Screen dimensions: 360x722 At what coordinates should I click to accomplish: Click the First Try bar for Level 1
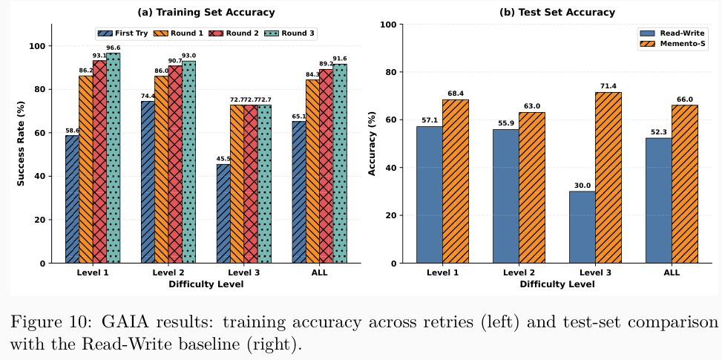click(72, 199)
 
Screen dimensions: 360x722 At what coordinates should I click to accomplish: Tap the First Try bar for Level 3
click(224, 214)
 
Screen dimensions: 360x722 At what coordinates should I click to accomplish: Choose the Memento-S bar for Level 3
click(608, 177)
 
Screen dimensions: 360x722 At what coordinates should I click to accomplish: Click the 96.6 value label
click(113, 48)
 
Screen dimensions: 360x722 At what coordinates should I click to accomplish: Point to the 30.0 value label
click(582, 186)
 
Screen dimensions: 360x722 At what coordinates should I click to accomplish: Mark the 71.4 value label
click(608, 86)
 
